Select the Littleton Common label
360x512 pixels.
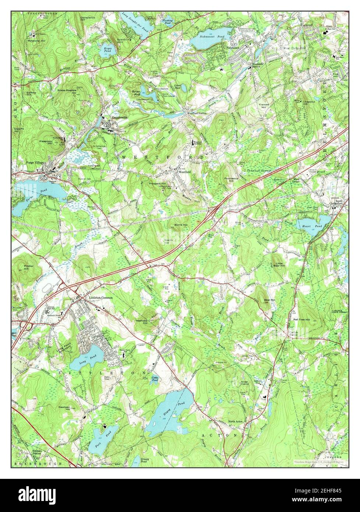(x=101, y=297)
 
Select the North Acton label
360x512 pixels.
(x=236, y=421)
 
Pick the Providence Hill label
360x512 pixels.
(x=231, y=180)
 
